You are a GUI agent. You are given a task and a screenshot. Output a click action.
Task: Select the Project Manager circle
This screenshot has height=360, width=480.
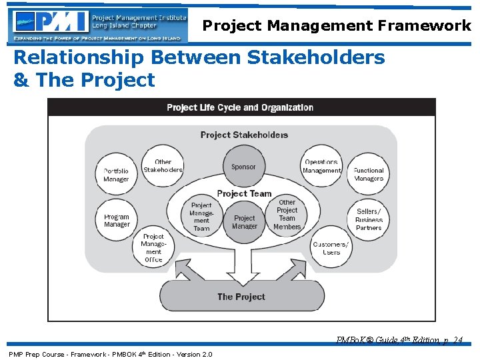244,222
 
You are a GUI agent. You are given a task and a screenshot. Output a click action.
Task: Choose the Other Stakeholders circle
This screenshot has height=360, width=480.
163,166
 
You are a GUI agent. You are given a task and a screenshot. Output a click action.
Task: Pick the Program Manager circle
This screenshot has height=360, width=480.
117,221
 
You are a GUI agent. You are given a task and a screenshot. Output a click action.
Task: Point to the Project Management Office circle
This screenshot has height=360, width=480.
153,248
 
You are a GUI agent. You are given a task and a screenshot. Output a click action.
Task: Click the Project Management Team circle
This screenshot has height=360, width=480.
201,217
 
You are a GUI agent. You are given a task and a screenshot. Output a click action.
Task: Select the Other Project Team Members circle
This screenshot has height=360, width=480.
287,215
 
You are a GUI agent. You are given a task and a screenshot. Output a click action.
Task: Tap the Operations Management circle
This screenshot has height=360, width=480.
321,166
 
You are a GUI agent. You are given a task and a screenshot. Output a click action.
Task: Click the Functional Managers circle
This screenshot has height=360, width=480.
369,174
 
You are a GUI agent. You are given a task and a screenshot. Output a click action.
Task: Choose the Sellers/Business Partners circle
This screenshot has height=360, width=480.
369,219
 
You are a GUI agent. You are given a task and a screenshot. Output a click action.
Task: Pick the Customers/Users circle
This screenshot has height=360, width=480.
331,248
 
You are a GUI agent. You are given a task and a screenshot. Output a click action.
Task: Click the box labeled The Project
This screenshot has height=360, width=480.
241,297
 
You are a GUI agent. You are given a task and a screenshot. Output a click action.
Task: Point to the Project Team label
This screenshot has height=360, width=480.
244,193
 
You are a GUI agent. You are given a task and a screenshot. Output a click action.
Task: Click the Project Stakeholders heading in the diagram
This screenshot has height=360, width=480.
244,135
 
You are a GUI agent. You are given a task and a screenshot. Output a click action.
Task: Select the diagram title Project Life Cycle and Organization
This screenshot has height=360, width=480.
240,107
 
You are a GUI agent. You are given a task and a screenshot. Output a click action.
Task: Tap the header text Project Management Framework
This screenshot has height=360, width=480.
337,25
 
